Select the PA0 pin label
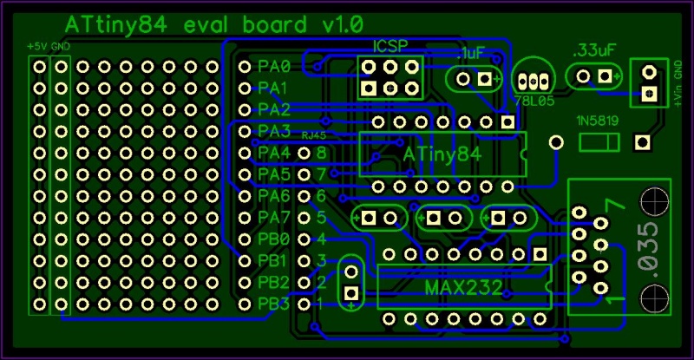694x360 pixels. [273, 66]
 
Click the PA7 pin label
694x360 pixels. [273, 217]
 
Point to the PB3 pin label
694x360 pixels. [273, 304]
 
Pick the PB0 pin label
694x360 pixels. [273, 239]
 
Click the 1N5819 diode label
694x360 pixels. [597, 121]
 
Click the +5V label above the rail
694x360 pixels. [36, 45]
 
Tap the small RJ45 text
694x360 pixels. [313, 135]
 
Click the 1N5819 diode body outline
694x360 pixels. [596, 141]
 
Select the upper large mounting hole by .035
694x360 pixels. [653, 202]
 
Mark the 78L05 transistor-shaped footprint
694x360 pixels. [534, 79]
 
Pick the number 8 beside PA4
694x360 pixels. [321, 153]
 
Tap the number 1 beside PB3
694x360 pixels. [319, 304]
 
